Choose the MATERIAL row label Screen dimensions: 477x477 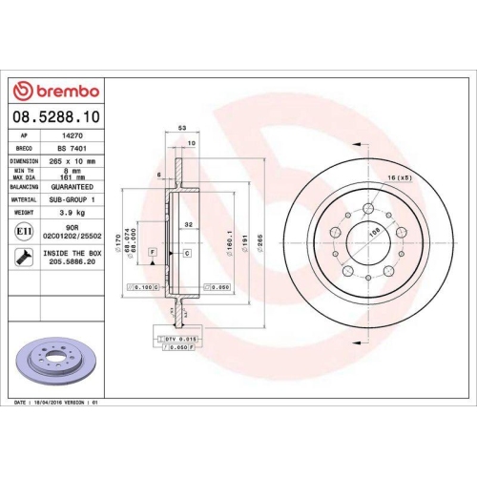pyautogui.click(x=24, y=199)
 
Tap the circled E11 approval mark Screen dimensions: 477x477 pyautogui.click(x=23, y=231)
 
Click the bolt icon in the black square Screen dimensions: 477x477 pyautogui.click(x=23, y=257)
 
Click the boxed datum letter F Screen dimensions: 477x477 pyautogui.click(x=152, y=251)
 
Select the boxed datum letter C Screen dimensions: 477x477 pyautogui.click(x=187, y=252)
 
